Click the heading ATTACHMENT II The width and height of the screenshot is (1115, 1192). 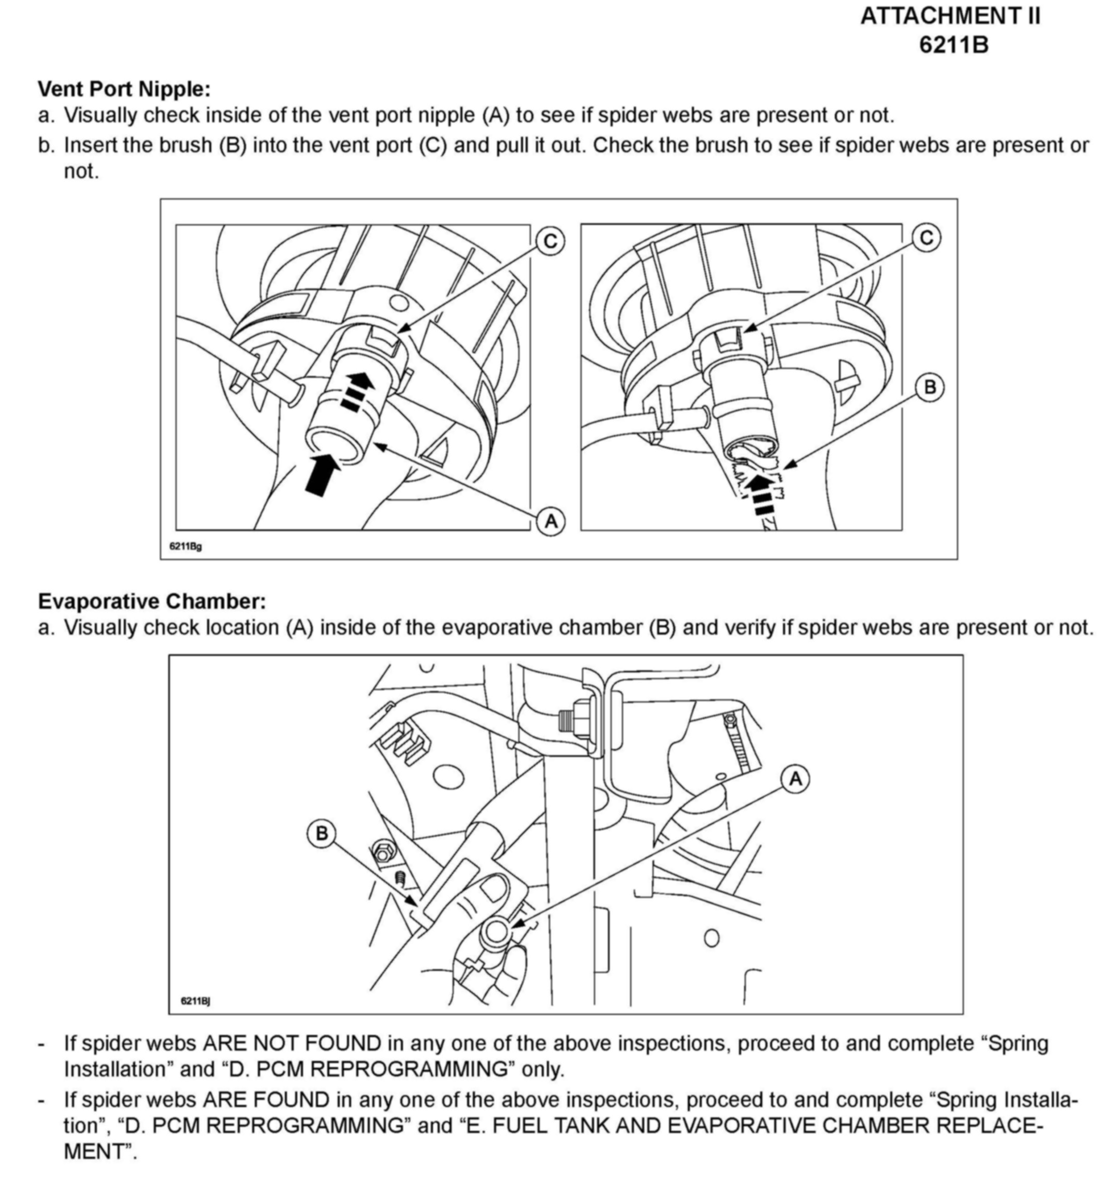click(950, 16)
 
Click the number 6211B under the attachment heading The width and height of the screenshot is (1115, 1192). click(953, 45)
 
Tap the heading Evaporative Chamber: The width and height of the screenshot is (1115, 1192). click(152, 601)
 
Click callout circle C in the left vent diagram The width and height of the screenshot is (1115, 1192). click(549, 241)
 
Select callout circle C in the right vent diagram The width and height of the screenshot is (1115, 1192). click(926, 238)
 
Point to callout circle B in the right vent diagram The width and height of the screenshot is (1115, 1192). click(929, 387)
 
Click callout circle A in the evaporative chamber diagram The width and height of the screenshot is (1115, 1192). click(795, 779)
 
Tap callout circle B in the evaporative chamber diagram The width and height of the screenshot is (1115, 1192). click(321, 834)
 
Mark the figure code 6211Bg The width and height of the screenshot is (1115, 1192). click(185, 546)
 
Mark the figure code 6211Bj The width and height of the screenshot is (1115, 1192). click(195, 1001)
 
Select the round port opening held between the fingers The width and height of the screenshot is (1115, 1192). click(495, 932)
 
